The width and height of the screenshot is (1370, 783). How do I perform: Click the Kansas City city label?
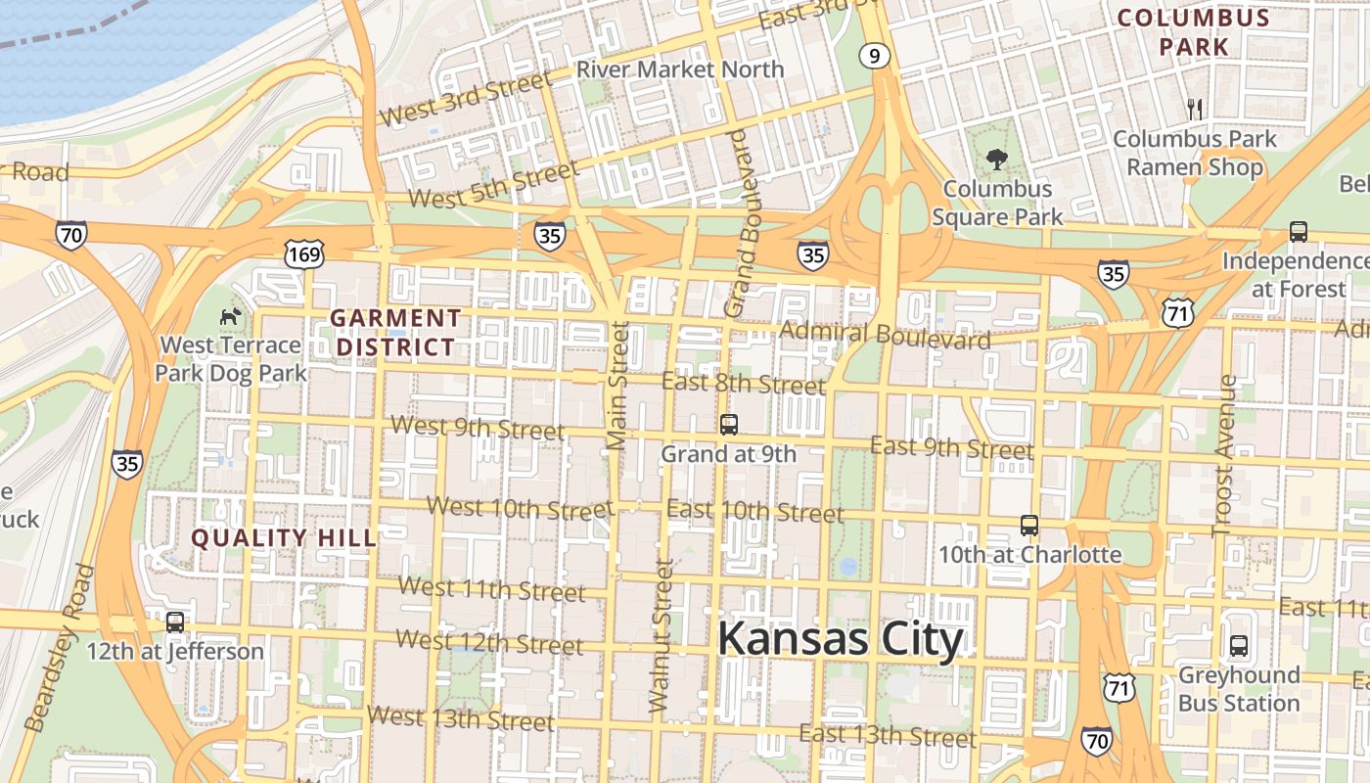coord(840,640)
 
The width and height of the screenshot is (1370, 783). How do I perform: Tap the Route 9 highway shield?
coord(875,56)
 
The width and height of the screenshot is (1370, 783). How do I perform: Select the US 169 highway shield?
coord(303,254)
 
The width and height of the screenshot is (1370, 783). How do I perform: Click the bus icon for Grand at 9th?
coord(728,424)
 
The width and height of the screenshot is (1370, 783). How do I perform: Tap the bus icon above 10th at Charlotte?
coord(1028,526)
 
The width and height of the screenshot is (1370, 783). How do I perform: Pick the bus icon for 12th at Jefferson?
coord(175,622)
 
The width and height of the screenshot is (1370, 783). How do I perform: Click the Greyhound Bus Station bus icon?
coord(1238,646)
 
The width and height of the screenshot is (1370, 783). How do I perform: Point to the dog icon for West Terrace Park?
coord(231,316)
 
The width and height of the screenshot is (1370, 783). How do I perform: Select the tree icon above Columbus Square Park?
coord(997,159)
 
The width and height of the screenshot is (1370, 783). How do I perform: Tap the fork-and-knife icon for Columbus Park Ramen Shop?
coord(1194,109)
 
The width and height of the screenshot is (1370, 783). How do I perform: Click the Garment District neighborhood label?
coord(394,332)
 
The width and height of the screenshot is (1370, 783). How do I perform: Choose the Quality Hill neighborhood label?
coord(283,537)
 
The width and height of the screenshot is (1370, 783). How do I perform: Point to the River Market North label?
coord(680,69)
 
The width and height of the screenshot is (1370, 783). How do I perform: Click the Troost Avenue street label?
coord(1224,456)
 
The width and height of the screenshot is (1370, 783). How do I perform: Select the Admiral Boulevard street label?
coord(885,335)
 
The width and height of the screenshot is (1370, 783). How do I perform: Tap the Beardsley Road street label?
coord(60,648)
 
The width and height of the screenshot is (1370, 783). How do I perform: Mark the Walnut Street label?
coord(662,635)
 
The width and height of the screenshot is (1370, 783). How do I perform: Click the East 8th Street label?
coord(743,383)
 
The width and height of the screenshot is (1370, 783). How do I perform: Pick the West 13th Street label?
coord(460,717)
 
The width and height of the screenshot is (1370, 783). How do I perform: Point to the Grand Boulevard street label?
coord(743,223)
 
